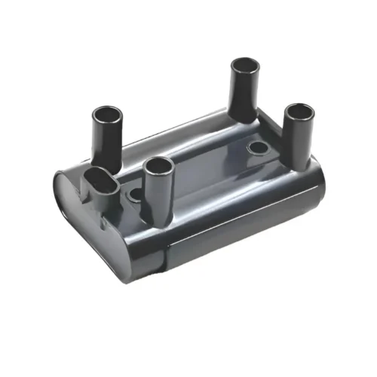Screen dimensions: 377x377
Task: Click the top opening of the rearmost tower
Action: coord(245,66)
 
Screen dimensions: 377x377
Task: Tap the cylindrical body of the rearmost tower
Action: coord(244,94)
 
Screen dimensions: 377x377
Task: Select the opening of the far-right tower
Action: coord(299,112)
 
